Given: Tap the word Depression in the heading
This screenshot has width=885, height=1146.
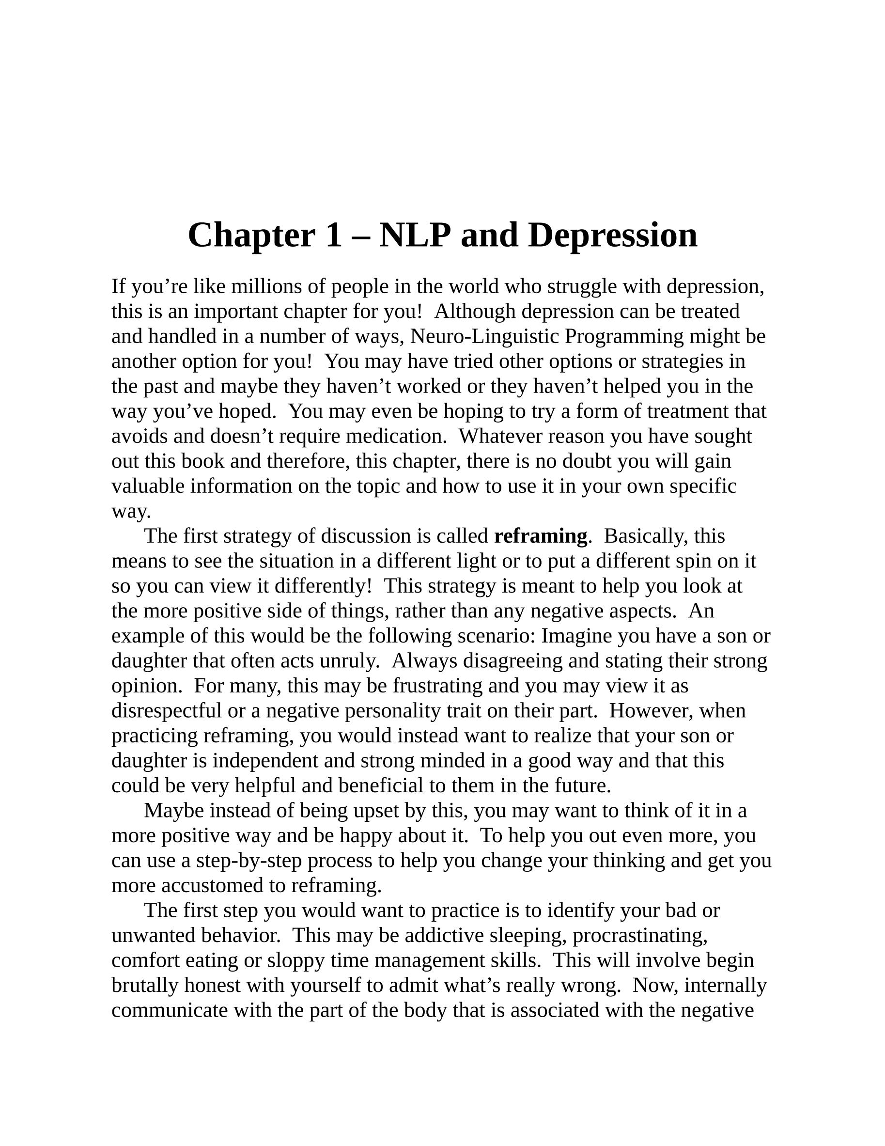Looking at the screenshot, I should (613, 235).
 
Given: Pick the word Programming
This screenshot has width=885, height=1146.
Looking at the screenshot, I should (624, 336).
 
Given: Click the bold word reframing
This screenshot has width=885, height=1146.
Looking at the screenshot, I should (540, 536).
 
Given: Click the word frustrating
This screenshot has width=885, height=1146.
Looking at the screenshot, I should (437, 686).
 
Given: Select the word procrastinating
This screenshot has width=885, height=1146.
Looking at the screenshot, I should (639, 936).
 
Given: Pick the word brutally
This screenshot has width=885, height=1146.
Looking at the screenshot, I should (145, 986).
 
